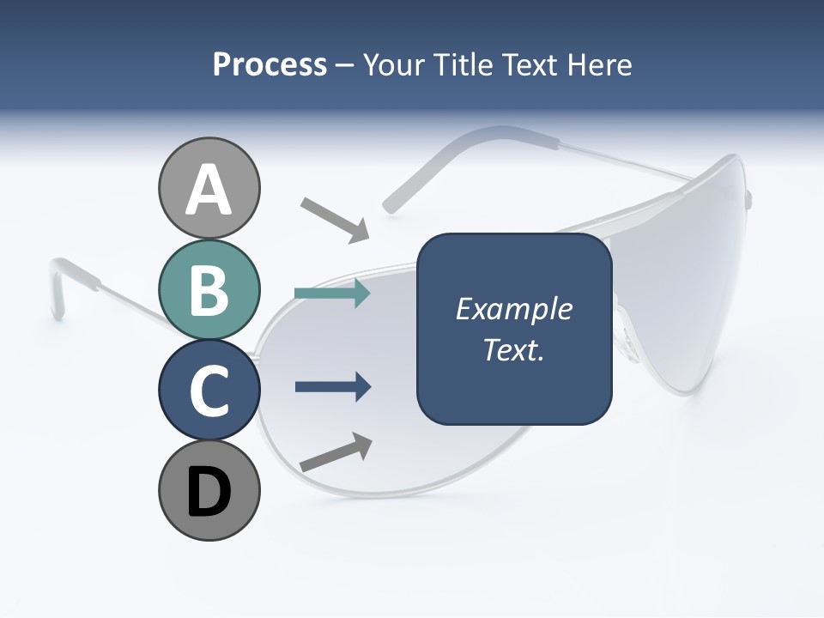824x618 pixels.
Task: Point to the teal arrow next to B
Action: pos(332,294)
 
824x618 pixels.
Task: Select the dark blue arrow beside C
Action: pos(332,387)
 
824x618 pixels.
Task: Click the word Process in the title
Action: pos(270,65)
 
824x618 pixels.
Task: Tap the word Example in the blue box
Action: pos(514,309)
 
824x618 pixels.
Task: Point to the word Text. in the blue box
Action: pos(514,350)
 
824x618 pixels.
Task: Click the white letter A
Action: pos(209,191)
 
